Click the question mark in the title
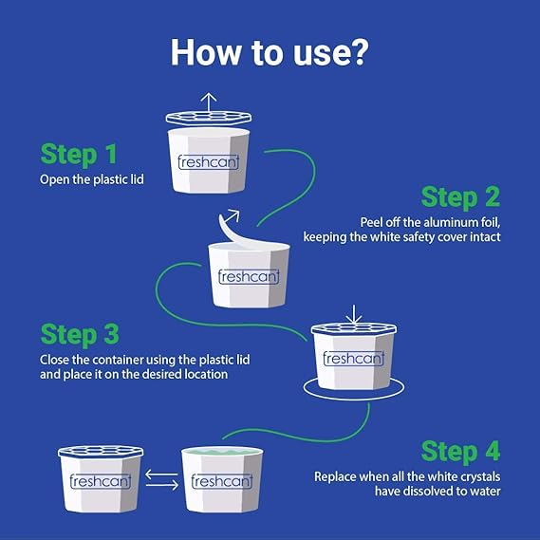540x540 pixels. (357, 52)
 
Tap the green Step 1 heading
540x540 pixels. (79, 154)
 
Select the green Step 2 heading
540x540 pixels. (460, 197)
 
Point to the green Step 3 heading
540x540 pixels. (80, 334)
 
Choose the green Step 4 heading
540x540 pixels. (460, 451)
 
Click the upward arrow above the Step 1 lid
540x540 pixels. (209, 102)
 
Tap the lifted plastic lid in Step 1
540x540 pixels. (209, 118)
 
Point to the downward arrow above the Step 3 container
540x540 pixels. (354, 314)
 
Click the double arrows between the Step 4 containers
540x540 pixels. (162, 479)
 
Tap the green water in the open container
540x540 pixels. (222, 452)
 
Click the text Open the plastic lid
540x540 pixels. (92, 179)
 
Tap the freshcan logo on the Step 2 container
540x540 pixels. (249, 276)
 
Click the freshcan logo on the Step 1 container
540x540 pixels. (209, 162)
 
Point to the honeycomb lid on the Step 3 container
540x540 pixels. (354, 328)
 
